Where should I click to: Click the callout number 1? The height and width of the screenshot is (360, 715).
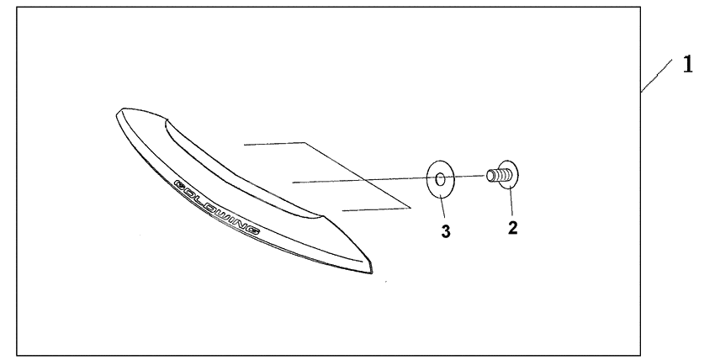687,64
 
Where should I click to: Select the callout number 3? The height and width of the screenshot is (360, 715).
446,231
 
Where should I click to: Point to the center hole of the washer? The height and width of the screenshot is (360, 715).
441,178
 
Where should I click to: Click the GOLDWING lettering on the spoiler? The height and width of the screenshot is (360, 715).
217,207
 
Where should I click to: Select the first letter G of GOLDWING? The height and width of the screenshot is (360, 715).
178,183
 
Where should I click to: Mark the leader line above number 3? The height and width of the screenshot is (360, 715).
443,207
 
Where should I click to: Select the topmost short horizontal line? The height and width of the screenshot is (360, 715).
273,144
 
